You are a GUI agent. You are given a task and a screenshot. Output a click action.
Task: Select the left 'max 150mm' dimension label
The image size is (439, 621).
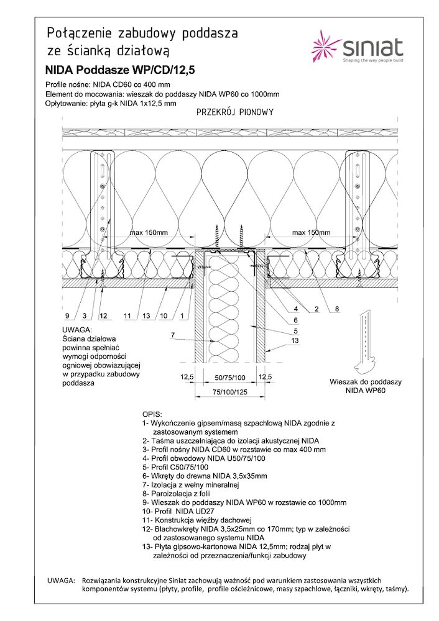pos(149,232)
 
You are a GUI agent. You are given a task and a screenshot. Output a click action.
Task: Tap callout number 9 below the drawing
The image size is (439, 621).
pos(66,316)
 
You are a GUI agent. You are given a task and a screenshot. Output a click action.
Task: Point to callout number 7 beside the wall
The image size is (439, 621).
pos(172,336)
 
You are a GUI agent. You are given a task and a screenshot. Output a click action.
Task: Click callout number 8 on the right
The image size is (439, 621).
pos(336,309)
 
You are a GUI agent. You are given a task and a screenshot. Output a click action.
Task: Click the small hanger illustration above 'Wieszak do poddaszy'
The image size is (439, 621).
pos(364,345)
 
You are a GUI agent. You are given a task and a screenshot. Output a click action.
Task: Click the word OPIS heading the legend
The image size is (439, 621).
pos(152,414)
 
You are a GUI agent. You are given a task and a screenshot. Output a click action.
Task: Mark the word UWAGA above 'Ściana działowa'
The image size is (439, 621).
pos(77,329)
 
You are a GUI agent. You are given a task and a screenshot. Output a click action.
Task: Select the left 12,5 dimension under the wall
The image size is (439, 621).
pos(187,377)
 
